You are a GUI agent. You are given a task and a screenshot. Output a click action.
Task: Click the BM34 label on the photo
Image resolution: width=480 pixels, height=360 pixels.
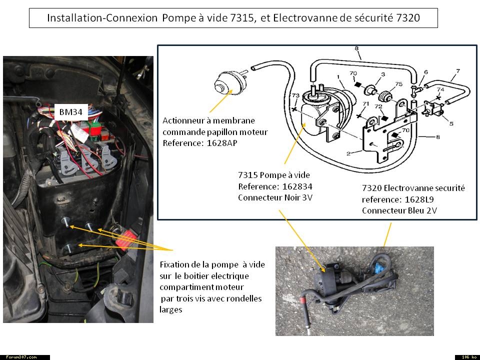[x=70, y=112]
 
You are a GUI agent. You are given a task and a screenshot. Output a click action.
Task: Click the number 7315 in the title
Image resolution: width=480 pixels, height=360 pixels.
[x=242, y=18]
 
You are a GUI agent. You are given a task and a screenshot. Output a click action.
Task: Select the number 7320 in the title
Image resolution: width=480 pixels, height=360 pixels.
[x=408, y=18]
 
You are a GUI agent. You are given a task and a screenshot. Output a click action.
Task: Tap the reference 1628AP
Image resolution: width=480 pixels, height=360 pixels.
[x=222, y=143]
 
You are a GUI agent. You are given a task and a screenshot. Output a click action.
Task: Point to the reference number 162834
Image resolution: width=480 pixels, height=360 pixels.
[x=297, y=186]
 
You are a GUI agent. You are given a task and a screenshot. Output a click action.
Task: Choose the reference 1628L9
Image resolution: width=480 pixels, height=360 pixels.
[x=419, y=199]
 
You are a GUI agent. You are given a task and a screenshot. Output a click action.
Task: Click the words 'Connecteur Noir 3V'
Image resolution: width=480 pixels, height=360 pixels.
[x=275, y=197]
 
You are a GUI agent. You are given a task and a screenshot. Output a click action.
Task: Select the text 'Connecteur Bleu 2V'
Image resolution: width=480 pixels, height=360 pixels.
[x=399, y=210]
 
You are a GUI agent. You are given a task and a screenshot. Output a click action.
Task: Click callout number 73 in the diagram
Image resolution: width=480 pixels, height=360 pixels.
[x=295, y=95]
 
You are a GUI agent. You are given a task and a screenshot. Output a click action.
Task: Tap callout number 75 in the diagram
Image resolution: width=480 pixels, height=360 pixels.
[x=398, y=84]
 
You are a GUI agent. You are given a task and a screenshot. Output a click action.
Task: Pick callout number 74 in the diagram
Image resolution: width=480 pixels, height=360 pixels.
[x=440, y=89]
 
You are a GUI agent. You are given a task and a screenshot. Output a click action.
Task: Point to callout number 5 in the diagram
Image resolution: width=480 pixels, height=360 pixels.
[x=451, y=123]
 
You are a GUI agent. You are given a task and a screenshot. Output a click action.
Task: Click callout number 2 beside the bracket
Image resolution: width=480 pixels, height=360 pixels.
[x=348, y=153]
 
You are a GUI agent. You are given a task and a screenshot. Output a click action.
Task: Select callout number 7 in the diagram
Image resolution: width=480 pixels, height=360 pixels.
[x=458, y=71]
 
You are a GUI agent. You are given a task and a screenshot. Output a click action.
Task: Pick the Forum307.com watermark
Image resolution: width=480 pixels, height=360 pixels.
[x=21, y=357]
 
